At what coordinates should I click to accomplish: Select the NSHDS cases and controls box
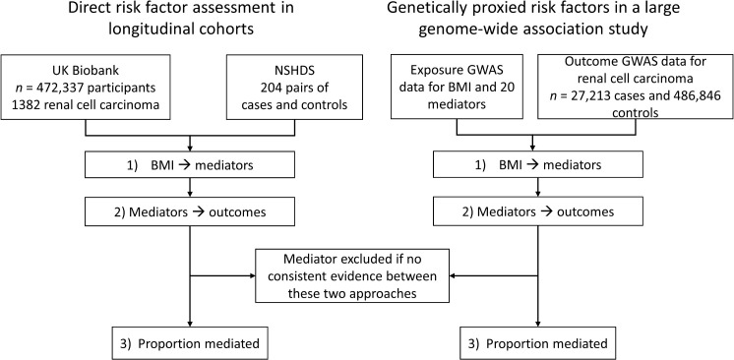point(294,87)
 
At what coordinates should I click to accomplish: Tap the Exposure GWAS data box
point(457,87)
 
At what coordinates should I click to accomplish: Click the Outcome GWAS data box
point(636,87)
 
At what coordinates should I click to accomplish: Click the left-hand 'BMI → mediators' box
point(189,165)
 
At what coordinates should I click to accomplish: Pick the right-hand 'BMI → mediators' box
point(538,165)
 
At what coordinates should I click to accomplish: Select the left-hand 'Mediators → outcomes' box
point(189,212)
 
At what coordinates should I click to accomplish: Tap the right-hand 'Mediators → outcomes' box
point(538,212)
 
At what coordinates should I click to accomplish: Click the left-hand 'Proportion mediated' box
point(189,343)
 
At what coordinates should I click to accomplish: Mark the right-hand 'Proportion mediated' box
point(538,343)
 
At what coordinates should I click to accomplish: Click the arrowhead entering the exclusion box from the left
point(251,275)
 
